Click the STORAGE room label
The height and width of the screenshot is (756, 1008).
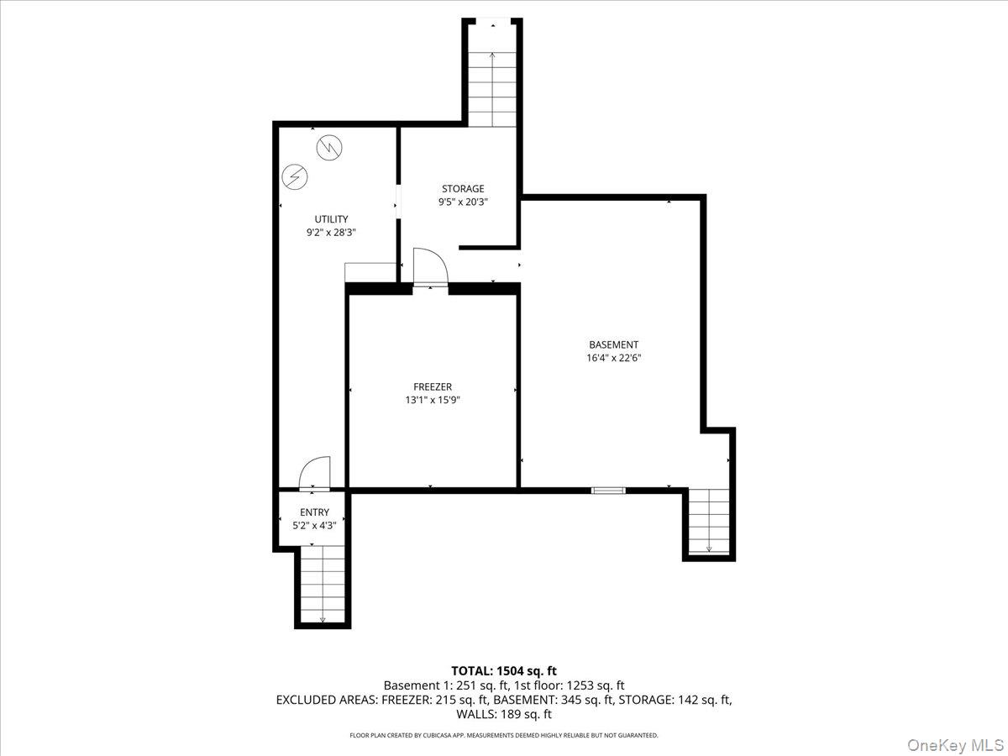coord(463,189)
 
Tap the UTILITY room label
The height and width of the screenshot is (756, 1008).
coord(331,219)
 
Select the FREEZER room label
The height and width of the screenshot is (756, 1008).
coord(433,387)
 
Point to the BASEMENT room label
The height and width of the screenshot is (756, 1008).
coord(613,344)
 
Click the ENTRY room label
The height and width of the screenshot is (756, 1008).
coord(314,512)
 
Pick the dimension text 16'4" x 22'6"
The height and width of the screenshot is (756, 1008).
coord(613,358)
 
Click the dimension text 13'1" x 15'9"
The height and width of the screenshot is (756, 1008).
coord(433,401)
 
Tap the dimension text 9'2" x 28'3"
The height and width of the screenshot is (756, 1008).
coord(331,233)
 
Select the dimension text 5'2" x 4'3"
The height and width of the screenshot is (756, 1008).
coord(314,526)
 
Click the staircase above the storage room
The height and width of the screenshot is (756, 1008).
coord(492,90)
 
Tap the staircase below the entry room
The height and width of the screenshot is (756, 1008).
coord(323,585)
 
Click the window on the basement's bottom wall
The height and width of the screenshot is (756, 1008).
coord(608,491)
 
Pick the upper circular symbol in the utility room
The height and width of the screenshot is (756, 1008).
coord(329,148)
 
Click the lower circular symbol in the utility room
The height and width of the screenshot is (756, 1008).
coord(294,176)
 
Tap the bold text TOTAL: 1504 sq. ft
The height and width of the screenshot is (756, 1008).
coord(504,671)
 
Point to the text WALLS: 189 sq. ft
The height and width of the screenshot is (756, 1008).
coord(504,714)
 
